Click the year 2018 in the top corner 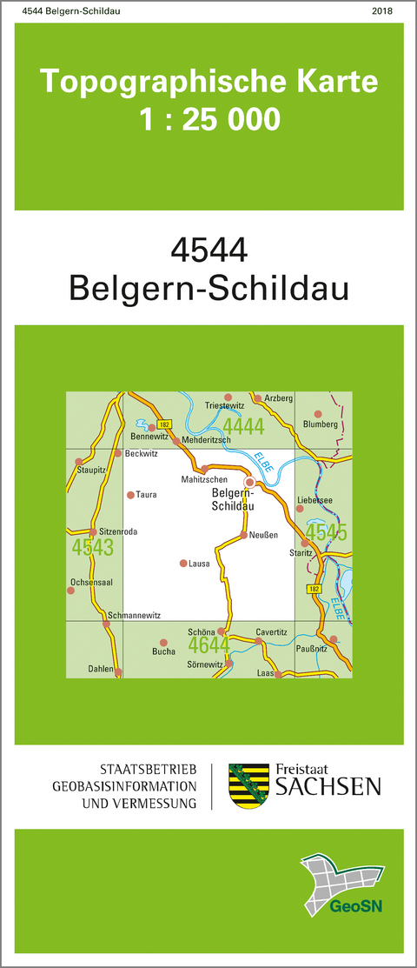tap(381, 10)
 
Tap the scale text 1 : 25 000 tap(209, 118)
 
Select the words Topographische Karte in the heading tap(209, 83)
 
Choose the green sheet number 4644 tap(209, 644)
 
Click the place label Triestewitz tap(226, 405)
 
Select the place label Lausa tap(200, 564)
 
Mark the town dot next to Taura tap(130, 495)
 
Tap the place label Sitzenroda tap(119, 531)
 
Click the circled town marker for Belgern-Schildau tap(249, 481)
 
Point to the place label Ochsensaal tap(91, 582)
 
